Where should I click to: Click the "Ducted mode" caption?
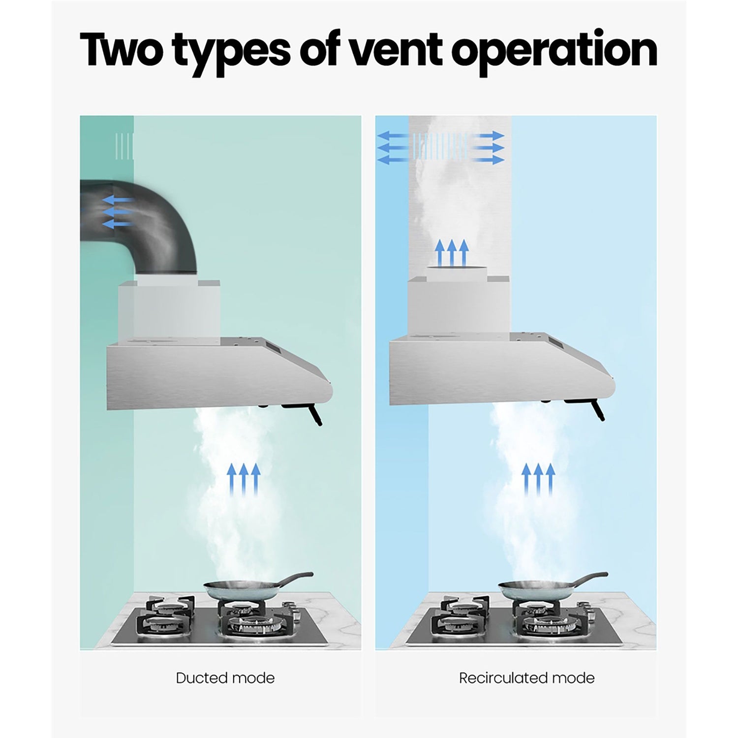pos(225,678)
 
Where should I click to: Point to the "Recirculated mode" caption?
pos(527,678)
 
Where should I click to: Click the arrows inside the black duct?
pos(117,212)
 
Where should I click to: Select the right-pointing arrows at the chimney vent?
pos(488,148)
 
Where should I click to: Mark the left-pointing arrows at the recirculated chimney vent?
pos(393,148)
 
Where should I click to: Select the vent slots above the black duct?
pos(124,146)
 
